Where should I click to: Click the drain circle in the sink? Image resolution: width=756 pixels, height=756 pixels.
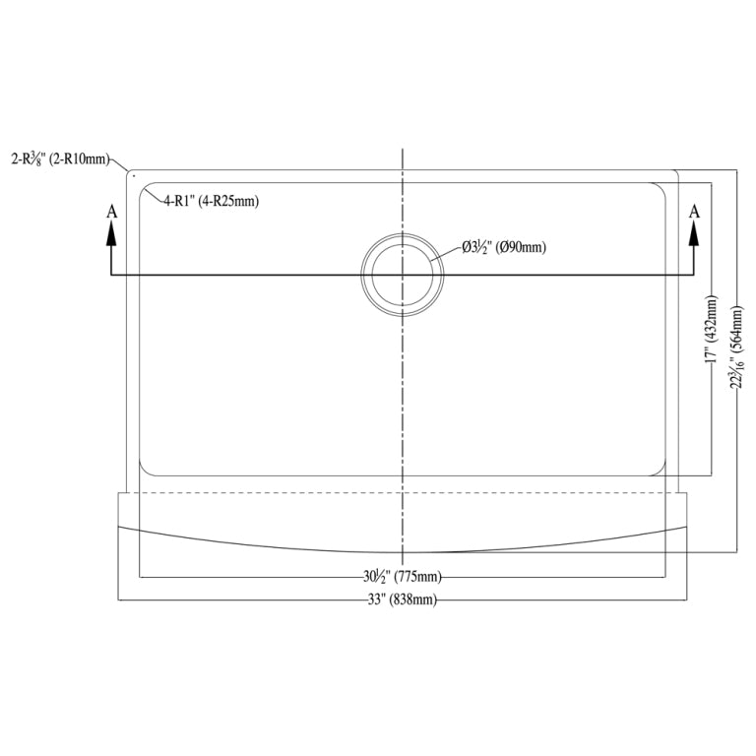tap(403, 275)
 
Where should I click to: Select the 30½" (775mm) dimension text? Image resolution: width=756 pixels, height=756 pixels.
tap(402, 576)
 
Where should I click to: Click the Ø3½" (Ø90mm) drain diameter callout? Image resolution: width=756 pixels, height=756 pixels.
tap(503, 247)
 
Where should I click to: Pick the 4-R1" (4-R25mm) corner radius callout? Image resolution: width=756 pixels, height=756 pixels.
tap(211, 202)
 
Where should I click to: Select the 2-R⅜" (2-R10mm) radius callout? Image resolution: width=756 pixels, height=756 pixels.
tap(60, 157)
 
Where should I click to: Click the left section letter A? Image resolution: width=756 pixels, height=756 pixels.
tap(111, 211)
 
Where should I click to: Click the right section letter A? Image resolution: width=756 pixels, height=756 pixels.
tap(694, 211)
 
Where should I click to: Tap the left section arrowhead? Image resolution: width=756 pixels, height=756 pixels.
tap(111, 232)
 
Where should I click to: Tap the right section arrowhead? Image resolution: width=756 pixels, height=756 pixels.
tap(694, 232)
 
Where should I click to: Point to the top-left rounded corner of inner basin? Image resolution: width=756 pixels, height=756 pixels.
tap(146, 188)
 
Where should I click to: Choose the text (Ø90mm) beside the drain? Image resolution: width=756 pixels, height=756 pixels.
tap(522, 247)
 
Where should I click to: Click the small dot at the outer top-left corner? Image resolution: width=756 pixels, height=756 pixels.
tap(133, 176)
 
